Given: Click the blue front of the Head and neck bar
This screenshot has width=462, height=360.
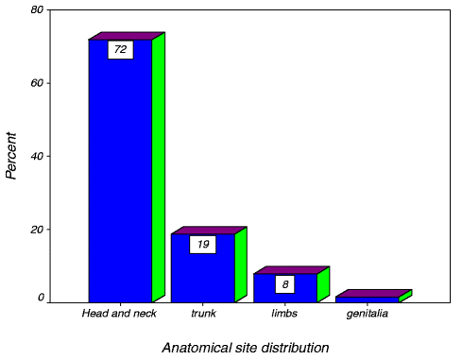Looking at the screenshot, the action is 120,177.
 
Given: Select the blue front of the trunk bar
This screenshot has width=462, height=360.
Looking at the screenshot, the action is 203,274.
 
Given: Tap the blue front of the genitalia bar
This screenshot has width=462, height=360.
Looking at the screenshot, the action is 368,300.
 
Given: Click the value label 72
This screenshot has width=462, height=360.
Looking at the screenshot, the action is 121,49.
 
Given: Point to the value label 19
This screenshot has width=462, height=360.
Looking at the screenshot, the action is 203,245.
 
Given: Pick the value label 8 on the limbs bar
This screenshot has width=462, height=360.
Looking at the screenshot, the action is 285,284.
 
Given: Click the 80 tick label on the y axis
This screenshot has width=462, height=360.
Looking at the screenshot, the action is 37,10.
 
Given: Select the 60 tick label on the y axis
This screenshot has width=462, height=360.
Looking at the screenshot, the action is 37,83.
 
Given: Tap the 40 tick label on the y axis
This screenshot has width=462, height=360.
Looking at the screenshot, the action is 37,156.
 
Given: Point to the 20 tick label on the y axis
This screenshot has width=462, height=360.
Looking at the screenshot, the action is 37,230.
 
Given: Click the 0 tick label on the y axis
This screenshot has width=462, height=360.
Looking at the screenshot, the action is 41,298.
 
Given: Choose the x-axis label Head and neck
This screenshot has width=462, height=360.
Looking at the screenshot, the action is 119,314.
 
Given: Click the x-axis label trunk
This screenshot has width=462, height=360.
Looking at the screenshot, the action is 203,314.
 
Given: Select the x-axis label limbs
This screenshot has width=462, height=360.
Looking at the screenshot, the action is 284,314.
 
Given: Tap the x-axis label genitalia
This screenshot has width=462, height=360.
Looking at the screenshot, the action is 368,314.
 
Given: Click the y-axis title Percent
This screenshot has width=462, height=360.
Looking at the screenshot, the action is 11,156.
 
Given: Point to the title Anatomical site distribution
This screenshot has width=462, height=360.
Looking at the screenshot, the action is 246,348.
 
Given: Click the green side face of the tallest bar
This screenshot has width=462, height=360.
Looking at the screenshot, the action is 159,167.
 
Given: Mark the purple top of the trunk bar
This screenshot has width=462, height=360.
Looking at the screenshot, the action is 209,231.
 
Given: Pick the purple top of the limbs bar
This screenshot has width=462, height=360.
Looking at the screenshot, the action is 292,270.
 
